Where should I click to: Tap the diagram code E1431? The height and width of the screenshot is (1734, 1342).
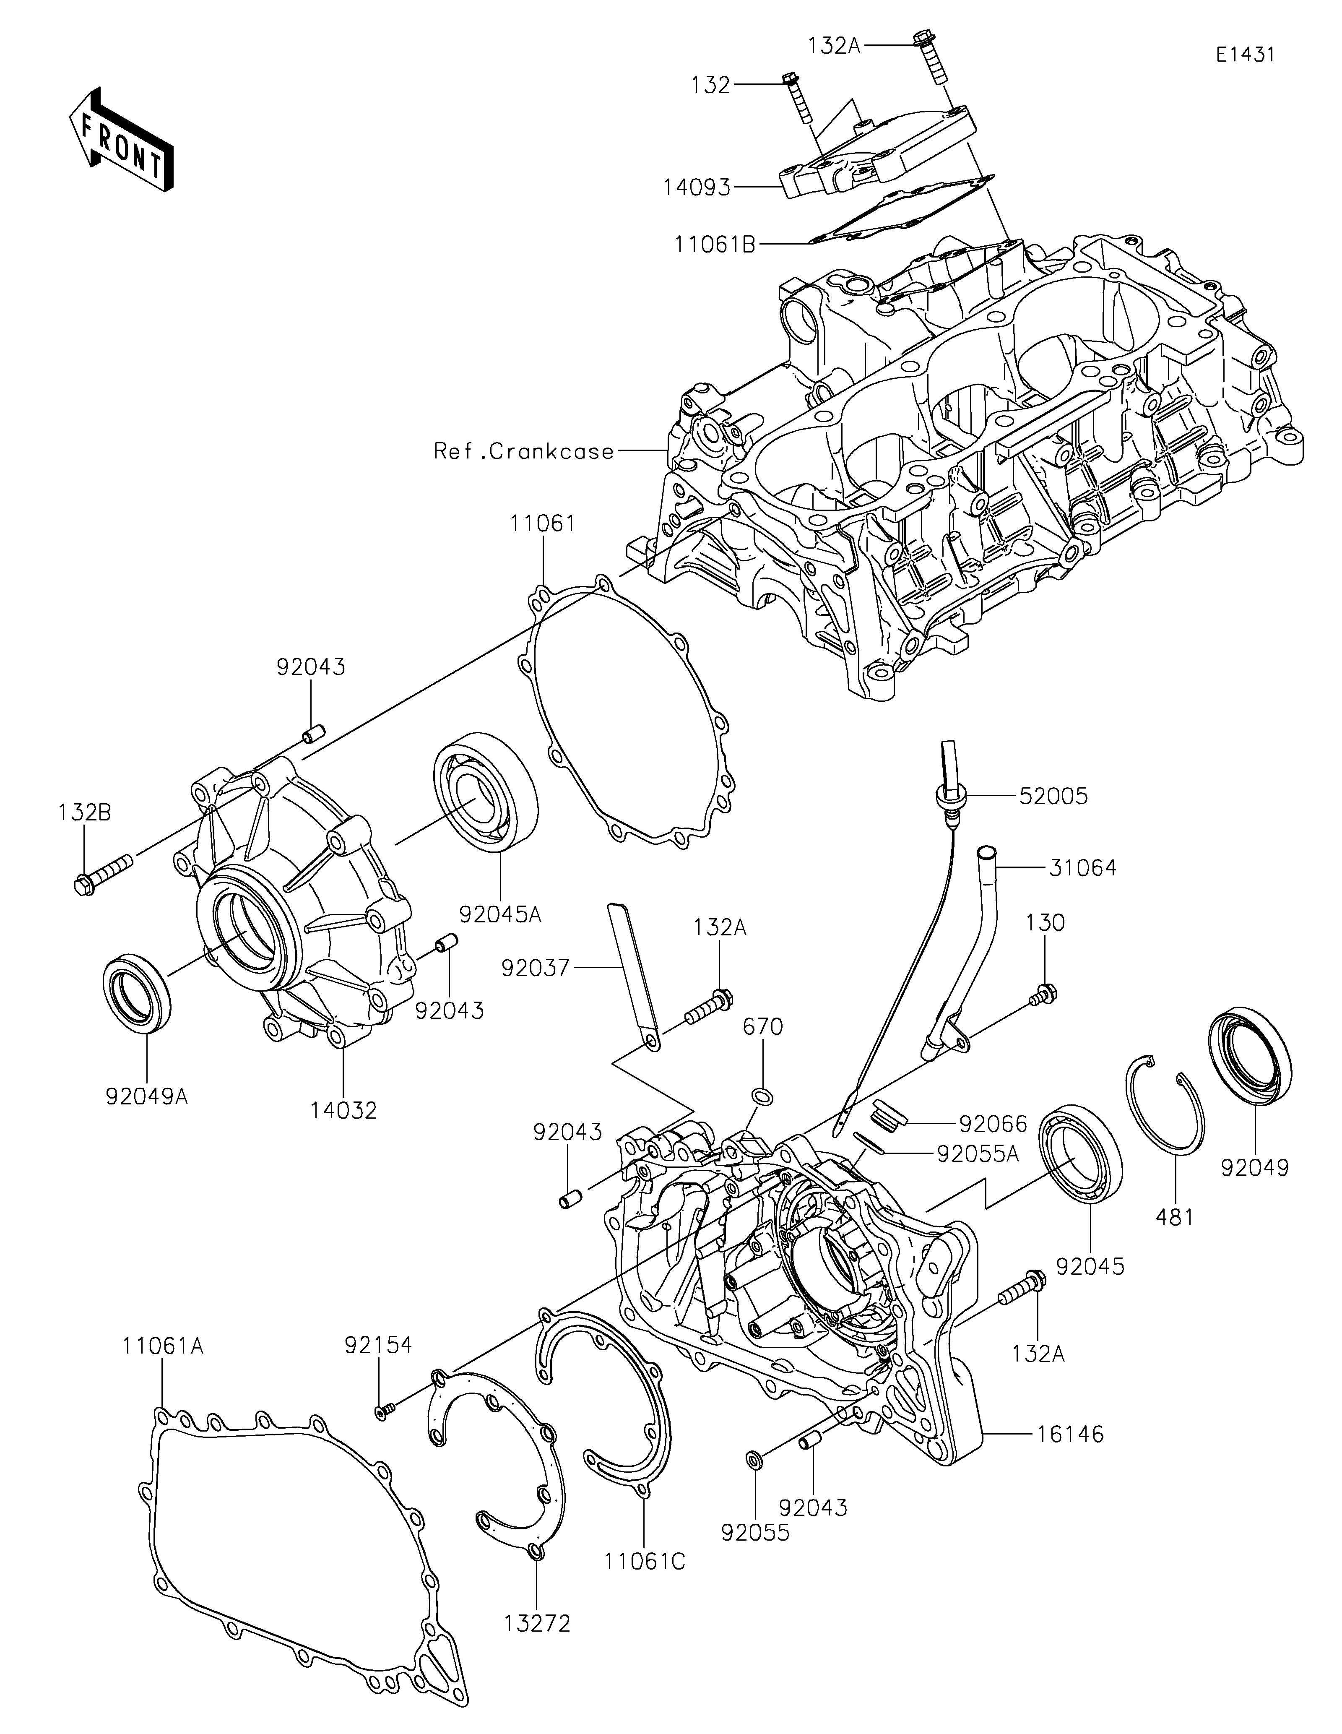tap(1244, 33)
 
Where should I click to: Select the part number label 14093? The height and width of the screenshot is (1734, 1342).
tap(698, 187)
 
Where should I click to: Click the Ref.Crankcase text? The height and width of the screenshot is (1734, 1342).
tap(524, 452)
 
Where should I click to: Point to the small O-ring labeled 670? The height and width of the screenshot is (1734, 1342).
tap(763, 1096)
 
